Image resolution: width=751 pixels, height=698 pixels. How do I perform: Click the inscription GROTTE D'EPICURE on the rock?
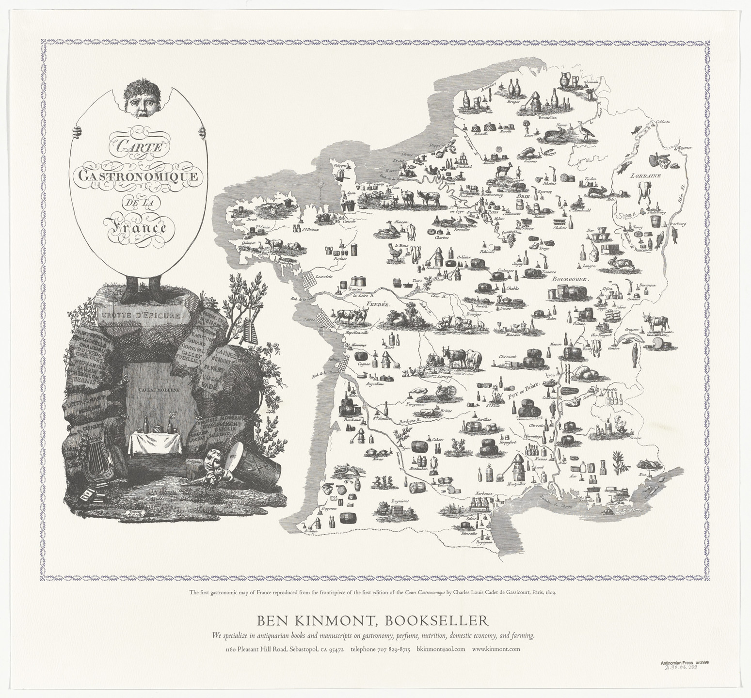pos(141,316)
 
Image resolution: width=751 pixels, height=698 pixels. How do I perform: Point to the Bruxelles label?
pos(548,118)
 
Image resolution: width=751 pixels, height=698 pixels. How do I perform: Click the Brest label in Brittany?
pos(251,219)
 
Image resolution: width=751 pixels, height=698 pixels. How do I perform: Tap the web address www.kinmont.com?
pos(495,649)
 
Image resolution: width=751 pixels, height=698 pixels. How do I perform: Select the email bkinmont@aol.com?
pos(441,649)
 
